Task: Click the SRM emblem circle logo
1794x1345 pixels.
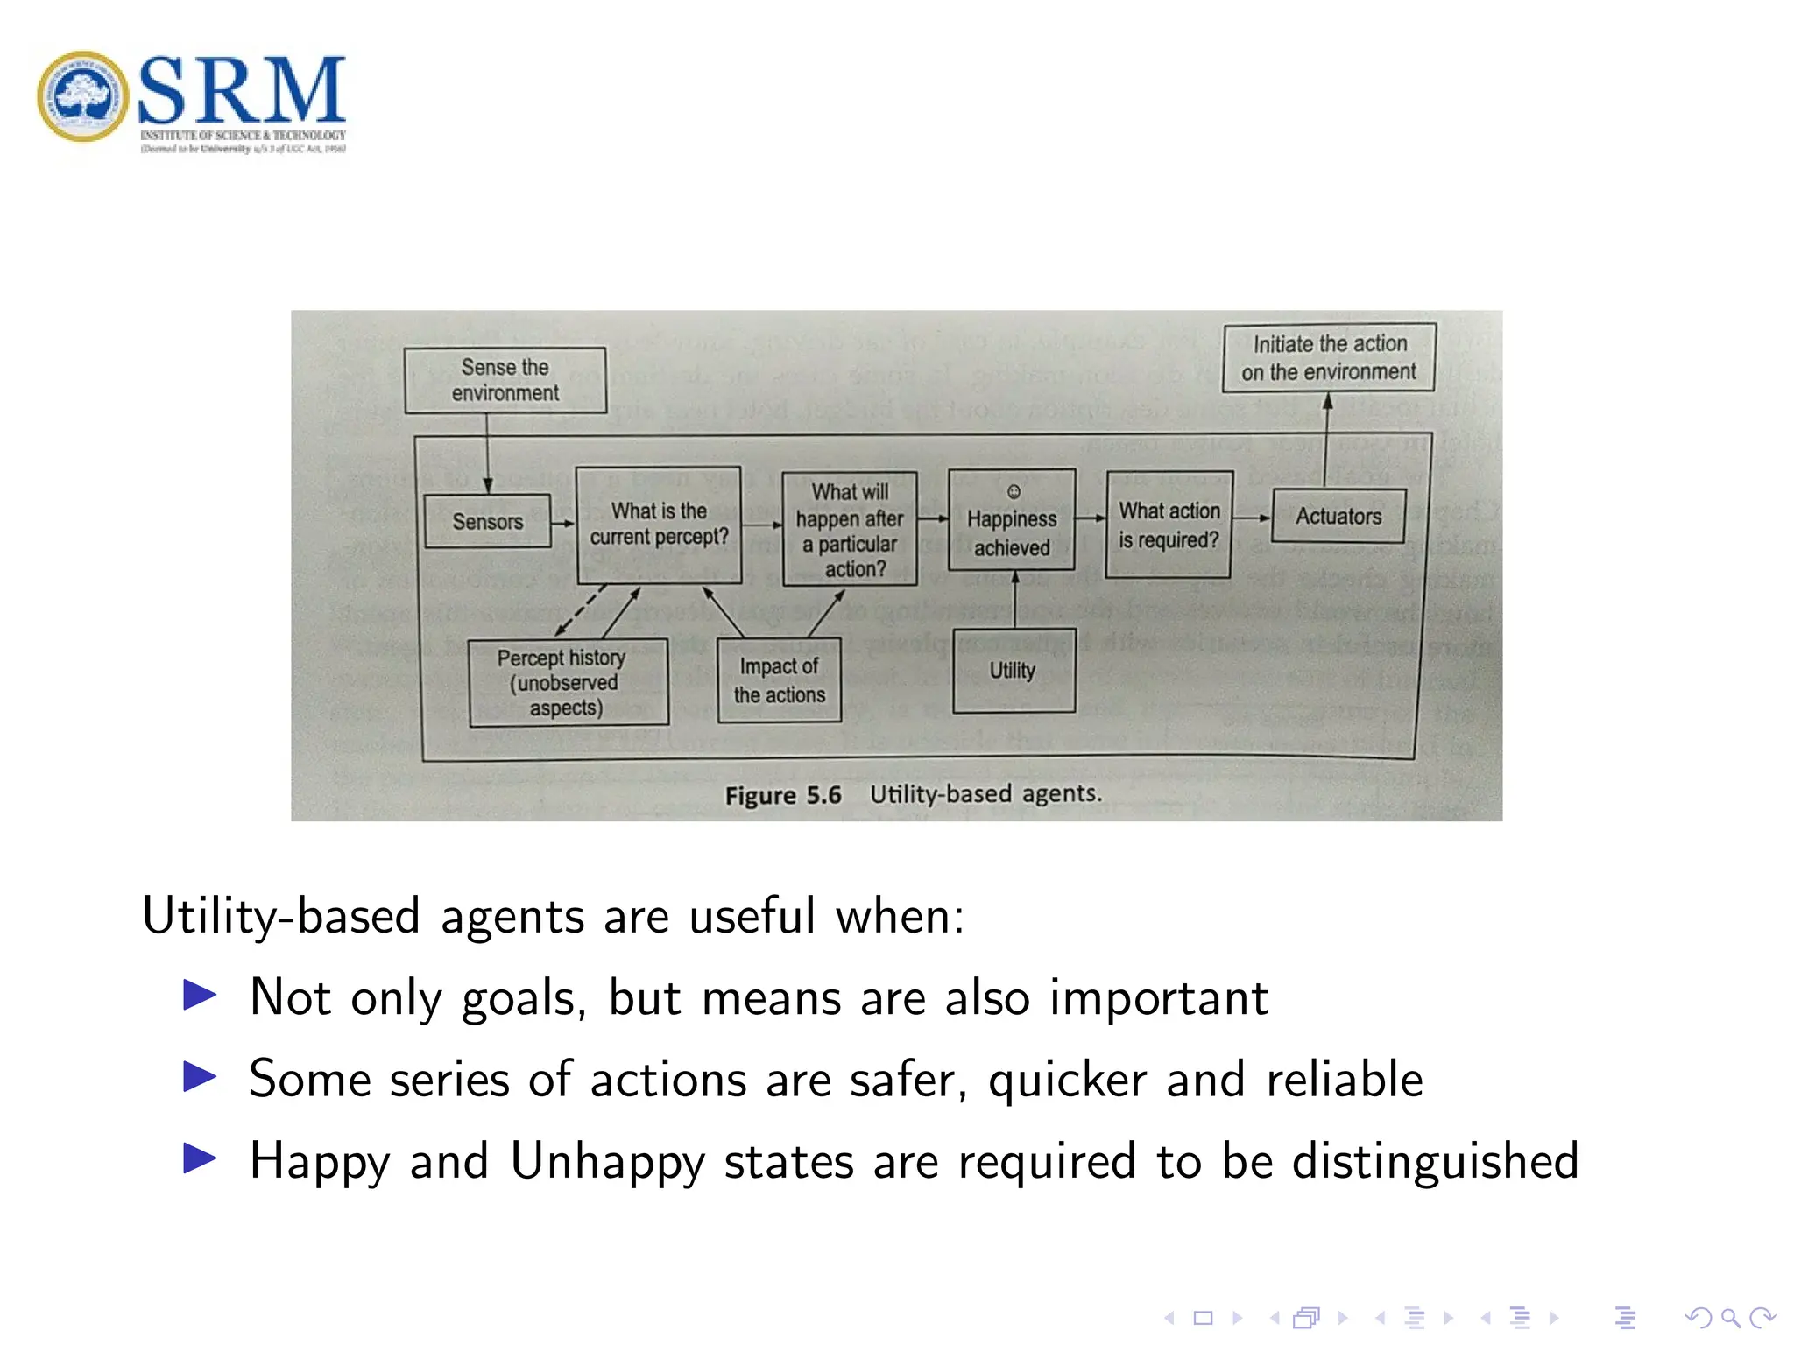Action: coord(82,96)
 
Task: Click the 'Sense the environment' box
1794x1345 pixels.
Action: coord(505,380)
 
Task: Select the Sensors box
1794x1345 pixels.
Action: coord(487,521)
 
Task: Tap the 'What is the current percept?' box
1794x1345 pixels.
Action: coord(659,524)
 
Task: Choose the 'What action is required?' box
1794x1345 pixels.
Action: coord(1169,525)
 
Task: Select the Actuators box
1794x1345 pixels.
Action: coord(1338,517)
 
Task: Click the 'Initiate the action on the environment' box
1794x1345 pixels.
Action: coord(1328,357)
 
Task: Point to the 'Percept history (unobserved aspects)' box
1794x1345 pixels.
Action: coord(567,682)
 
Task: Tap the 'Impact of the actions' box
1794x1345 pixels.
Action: coord(779,680)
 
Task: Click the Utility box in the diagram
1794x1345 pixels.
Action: coord(1013,671)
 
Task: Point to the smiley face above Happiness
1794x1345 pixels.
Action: coord(1014,491)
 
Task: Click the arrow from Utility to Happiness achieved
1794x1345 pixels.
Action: coord(1015,600)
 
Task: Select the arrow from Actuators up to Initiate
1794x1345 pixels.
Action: coord(1326,438)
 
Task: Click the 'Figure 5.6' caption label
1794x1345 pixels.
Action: coord(782,795)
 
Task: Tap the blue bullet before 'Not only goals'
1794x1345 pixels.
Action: coord(200,995)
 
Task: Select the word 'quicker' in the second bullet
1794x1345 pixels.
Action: coord(1067,1079)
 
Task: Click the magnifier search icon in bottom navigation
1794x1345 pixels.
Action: coord(1729,1318)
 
